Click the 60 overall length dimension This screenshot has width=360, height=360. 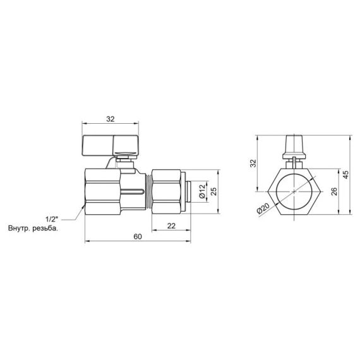point(137,236)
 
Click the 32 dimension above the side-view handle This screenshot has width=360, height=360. point(111,117)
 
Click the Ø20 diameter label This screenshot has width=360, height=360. point(263,209)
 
